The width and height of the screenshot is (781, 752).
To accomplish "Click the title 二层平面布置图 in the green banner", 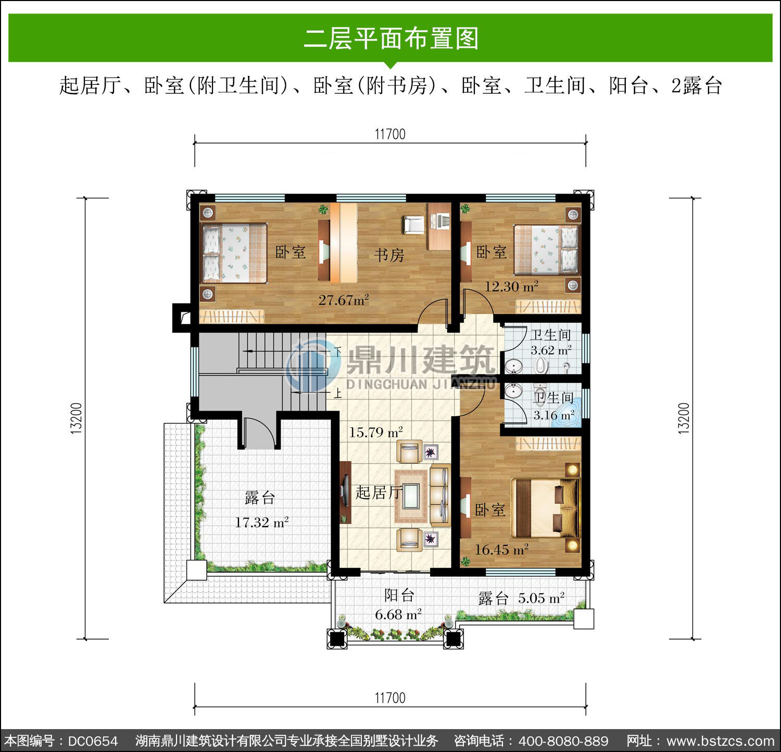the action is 391,39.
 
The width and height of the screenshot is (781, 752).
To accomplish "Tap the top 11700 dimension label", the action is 390,134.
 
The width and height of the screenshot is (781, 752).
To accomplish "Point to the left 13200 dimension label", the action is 76,418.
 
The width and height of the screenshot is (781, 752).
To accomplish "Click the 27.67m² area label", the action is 344,300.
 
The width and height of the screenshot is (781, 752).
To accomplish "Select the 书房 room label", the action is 389,254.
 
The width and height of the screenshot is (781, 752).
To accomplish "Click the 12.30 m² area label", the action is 511,286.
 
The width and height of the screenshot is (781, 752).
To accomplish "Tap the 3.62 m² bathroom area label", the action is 551,350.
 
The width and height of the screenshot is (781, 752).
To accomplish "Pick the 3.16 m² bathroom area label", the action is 554,415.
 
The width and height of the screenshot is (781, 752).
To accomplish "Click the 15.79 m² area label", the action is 376,432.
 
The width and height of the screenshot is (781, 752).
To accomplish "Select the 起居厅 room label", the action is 379,492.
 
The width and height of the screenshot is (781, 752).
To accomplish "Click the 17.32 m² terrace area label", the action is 261,522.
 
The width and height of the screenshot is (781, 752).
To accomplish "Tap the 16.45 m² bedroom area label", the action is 501,550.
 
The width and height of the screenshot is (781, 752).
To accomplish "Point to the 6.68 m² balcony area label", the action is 398,615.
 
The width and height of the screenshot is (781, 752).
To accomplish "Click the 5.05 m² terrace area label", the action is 541,598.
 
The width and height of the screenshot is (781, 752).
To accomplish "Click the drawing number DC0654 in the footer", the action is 93,741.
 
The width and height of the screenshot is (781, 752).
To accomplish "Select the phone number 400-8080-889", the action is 564,741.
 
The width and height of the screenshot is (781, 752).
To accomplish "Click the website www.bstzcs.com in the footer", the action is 721,741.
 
